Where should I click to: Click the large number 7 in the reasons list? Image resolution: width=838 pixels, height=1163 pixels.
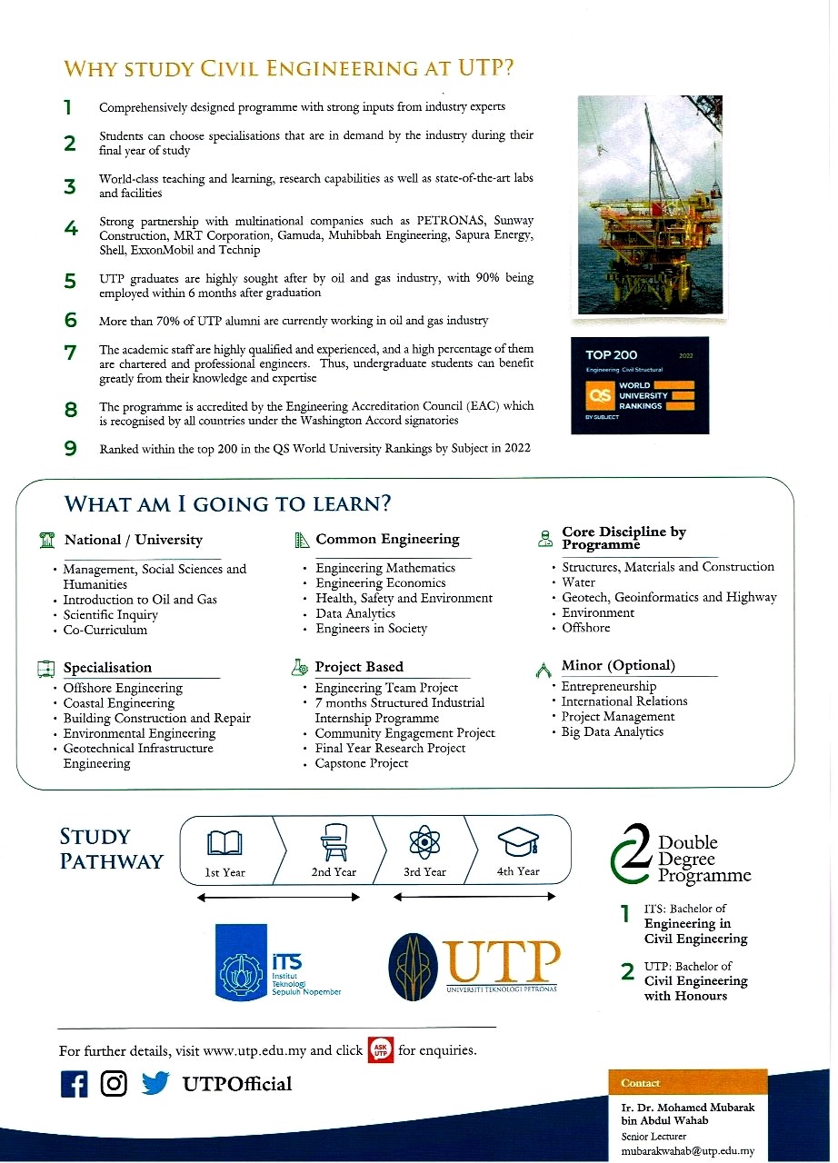pos(70,353)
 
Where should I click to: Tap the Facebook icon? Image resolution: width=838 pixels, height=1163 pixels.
pos(74,1084)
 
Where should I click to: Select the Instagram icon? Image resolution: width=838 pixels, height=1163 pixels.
pos(114,1084)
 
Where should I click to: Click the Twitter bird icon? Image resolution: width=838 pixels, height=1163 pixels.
pos(155,1084)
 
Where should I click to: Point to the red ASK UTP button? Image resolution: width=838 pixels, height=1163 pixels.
pos(380,1049)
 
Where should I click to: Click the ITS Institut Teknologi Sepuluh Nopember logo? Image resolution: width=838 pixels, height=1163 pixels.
pos(278,961)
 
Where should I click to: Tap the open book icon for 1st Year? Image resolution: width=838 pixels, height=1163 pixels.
pos(224,844)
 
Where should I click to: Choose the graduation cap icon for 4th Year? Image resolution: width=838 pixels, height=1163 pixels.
pos(517,844)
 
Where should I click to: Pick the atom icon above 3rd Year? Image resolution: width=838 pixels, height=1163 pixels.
pos(424,844)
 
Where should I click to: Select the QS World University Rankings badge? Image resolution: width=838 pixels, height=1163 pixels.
pos(640,385)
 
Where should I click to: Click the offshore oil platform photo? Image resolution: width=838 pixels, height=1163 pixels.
pos(650,205)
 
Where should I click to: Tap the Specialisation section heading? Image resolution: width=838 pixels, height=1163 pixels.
pos(107,668)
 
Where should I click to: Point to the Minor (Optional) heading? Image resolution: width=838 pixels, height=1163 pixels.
pos(618,666)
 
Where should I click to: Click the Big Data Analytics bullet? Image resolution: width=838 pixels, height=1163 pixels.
pos(612,731)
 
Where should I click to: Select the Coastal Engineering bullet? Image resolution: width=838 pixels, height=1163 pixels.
pos(118,703)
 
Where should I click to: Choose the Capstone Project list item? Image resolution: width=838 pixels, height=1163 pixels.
pos(361,763)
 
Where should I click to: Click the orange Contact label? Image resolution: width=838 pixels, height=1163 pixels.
pos(641,1083)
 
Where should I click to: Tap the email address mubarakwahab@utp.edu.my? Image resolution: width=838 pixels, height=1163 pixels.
pos(687,1150)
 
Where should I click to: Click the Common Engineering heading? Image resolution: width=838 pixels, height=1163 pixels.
pos(387,540)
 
